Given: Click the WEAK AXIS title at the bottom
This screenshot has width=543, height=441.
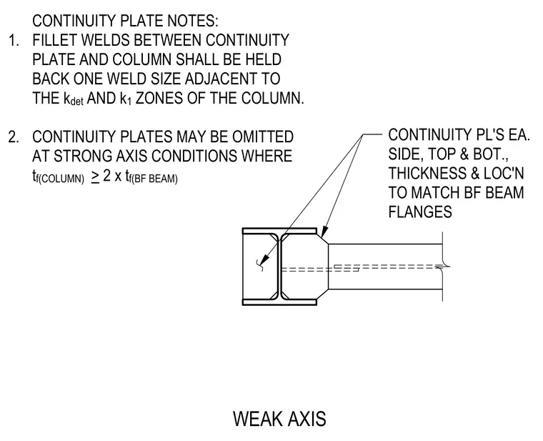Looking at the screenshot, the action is [x=279, y=418].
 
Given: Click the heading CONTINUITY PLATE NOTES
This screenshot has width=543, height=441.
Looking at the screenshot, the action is [x=125, y=21].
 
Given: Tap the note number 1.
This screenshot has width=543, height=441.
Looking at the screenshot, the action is [x=13, y=40].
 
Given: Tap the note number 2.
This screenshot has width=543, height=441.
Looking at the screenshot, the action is [x=14, y=137].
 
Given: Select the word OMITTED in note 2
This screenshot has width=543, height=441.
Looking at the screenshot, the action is [x=263, y=137].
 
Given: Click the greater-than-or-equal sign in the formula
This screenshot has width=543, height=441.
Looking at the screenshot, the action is [x=95, y=177].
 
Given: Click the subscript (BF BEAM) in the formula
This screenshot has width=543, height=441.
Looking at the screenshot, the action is [x=153, y=179].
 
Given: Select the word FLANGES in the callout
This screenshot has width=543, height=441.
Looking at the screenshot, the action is [x=420, y=212].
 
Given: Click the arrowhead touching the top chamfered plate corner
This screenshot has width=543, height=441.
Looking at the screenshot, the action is [x=324, y=232].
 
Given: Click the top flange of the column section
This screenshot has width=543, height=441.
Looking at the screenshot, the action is [x=279, y=231].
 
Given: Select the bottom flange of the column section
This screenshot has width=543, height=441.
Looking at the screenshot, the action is [x=279, y=302].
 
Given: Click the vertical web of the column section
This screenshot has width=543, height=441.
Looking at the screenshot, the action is [x=279, y=267].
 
